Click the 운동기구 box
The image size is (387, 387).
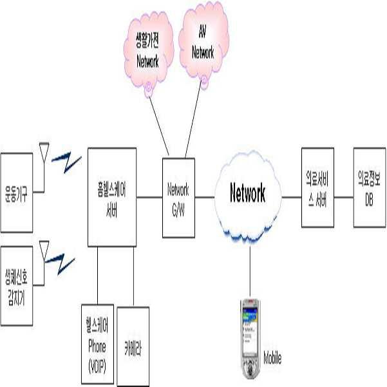pos(15,191)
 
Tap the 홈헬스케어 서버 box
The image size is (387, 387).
pos(112,197)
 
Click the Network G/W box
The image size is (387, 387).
pos(178,197)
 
